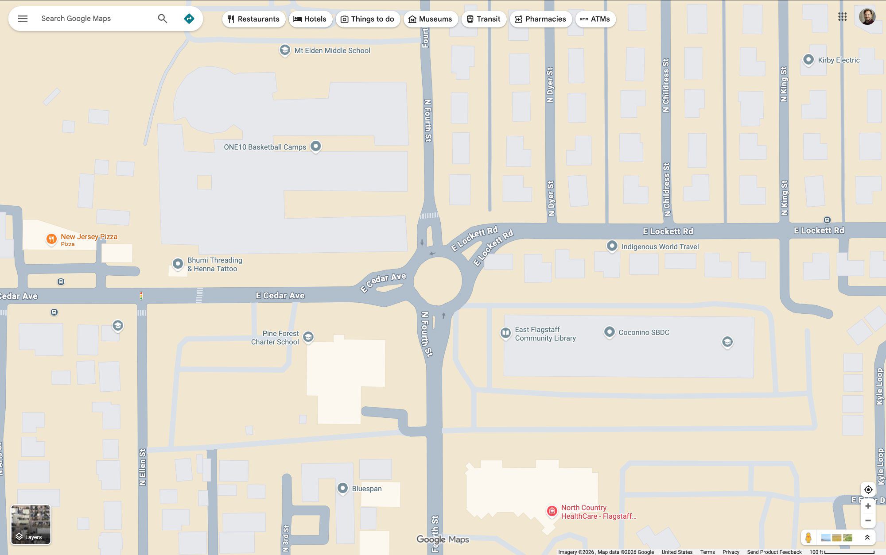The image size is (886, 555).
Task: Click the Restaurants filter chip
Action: coord(253,19)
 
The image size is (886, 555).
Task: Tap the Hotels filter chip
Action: coord(310,19)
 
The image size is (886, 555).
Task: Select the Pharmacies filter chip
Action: coord(540,19)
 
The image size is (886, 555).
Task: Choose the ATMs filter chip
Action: coord(595,19)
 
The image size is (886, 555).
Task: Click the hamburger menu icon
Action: coord(23,19)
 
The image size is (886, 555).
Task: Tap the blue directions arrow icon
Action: coord(189,19)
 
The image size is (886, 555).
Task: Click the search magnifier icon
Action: coord(163,19)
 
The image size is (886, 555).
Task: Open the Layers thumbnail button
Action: coord(31,524)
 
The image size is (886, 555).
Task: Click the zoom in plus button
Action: coord(868,506)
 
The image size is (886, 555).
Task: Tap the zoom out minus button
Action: coord(868,520)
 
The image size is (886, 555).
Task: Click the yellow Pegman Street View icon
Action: coord(808,537)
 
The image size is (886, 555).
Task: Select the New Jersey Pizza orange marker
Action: coord(51,239)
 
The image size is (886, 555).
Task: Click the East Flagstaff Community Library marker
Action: coord(505,333)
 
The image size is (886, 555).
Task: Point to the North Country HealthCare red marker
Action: coord(552,511)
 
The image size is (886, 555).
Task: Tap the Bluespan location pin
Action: coord(342,488)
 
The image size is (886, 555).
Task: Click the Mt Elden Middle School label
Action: coord(332,50)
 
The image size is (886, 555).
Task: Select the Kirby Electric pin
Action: coord(808,59)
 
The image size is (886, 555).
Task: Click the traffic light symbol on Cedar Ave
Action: coord(141,296)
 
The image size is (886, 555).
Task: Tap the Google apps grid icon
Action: coord(842,17)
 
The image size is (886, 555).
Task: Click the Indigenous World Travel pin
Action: coord(612,246)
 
